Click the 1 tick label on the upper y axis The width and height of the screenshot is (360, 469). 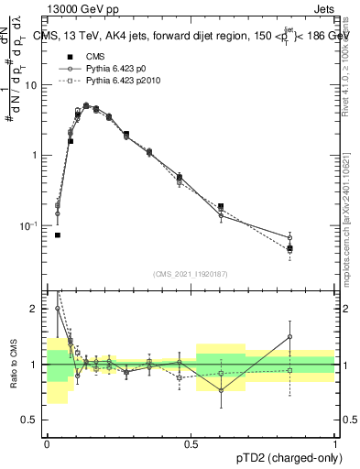pyautogui.click(x=36, y=155)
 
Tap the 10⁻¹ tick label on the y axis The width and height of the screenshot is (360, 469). pyautogui.click(x=31, y=225)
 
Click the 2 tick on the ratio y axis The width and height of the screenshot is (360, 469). pyautogui.click(x=37, y=310)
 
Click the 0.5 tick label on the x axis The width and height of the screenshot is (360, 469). pyautogui.click(x=191, y=444)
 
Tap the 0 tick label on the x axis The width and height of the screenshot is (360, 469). pyautogui.click(x=47, y=444)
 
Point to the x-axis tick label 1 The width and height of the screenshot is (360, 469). pyautogui.click(x=335, y=444)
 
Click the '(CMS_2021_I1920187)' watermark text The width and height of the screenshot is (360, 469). pyautogui.click(x=191, y=272)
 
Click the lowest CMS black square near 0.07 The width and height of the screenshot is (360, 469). pyautogui.click(x=57, y=235)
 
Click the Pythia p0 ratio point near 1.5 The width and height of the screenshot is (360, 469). pyautogui.click(x=289, y=336)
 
